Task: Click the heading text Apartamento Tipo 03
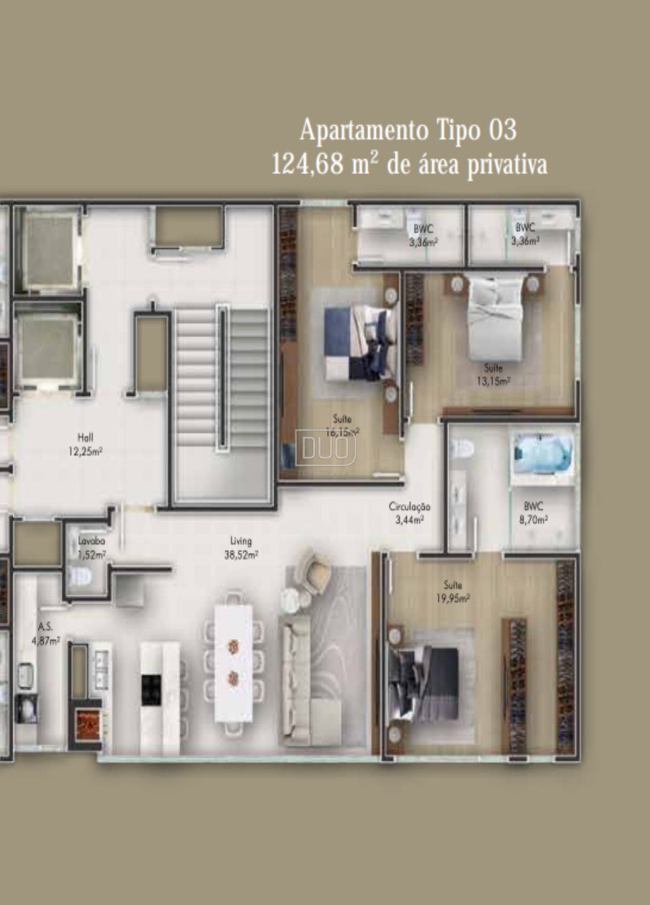click(408, 131)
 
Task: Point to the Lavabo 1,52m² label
click(92, 548)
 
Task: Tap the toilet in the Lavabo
click(81, 579)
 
